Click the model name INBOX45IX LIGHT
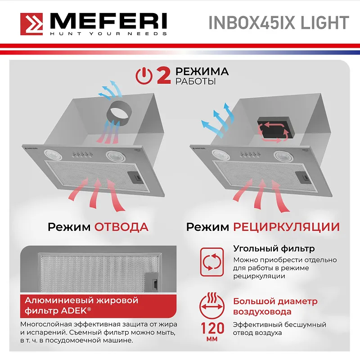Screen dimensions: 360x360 click(279, 23)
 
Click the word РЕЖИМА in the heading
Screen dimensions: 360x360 click(202, 72)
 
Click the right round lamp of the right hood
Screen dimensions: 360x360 click(282, 156)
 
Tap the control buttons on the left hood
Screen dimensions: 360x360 click(81, 155)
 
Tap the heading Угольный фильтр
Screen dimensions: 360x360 click(274, 249)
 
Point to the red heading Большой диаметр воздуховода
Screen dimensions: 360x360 click(275, 306)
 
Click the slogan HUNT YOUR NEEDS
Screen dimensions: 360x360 click(108, 34)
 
